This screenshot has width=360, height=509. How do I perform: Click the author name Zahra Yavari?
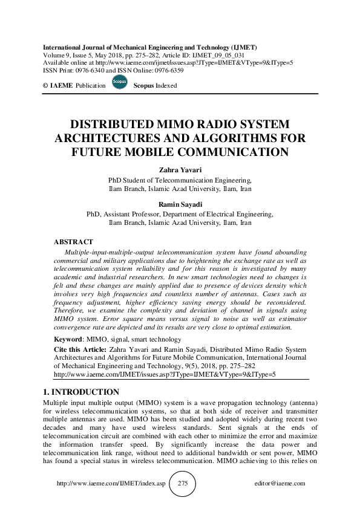[180, 171]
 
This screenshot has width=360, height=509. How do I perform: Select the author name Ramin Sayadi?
[180, 205]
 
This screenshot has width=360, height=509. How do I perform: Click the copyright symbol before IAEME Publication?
[45, 86]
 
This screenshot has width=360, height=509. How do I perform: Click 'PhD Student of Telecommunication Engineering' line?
[180, 180]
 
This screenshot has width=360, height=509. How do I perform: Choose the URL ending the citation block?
[165, 374]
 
